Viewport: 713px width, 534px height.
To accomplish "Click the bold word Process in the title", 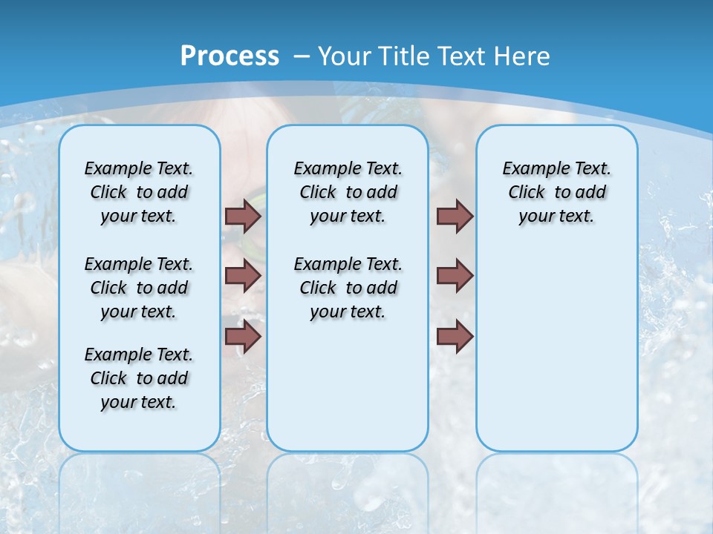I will pos(229,56).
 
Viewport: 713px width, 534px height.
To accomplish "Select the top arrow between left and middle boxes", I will pos(243,216).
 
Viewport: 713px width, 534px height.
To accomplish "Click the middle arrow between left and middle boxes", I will pos(243,276).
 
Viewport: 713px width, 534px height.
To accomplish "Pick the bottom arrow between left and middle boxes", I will pos(243,337).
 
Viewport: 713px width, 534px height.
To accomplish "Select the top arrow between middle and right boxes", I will pos(455,216).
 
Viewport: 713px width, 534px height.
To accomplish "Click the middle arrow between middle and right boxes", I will pos(455,276).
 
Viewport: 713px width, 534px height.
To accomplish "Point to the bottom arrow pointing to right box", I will pos(455,337).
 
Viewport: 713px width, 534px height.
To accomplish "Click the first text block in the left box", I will pos(139,192).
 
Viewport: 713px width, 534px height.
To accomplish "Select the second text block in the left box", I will pos(139,288).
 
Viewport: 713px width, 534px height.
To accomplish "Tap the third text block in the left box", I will pos(139,378).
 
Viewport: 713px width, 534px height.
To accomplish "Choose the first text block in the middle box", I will pos(348,192).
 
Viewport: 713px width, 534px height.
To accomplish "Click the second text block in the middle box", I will pos(348,288).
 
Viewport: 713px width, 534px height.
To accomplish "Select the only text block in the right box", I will pos(556,192).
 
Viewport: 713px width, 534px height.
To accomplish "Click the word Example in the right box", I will pos(529,169).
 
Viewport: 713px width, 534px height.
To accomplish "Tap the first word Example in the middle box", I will pos(320,169).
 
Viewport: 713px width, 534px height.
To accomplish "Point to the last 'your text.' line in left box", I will pos(139,402).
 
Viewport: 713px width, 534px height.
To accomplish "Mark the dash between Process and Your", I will pos(302,56).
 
